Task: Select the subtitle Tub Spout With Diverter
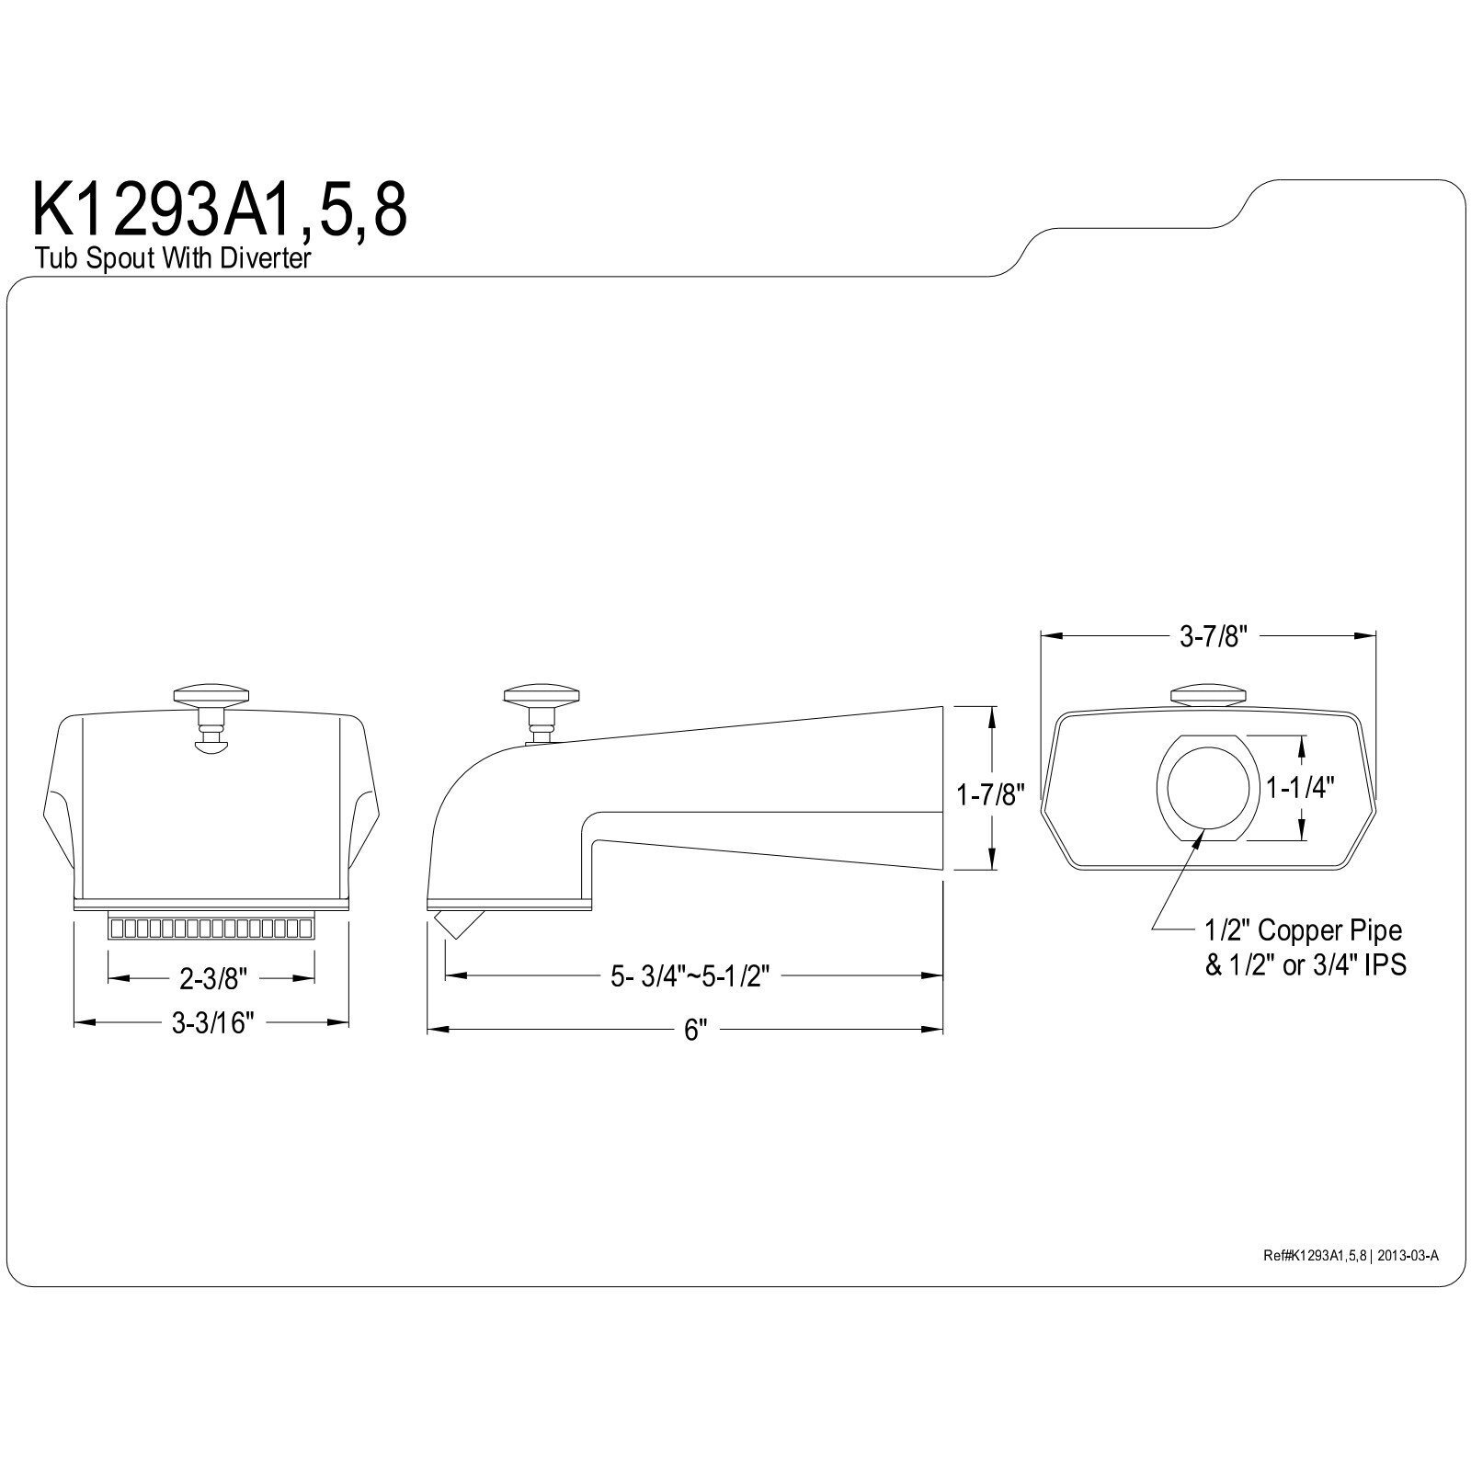click(174, 259)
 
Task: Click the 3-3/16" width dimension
click(212, 1023)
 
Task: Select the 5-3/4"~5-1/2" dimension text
click(690, 977)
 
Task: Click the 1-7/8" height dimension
click(990, 793)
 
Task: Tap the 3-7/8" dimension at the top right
click(1213, 637)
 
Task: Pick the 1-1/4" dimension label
click(1300, 787)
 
